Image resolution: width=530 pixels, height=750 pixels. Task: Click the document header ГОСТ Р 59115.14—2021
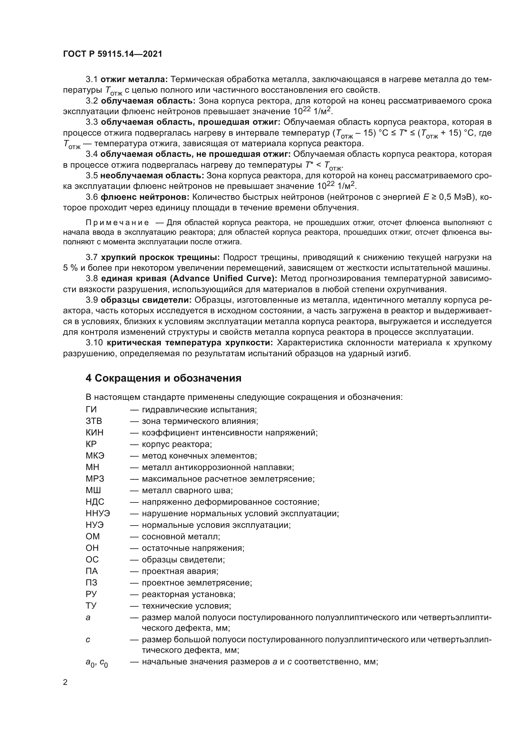point(112,54)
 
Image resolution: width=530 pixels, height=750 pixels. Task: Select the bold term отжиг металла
point(134,80)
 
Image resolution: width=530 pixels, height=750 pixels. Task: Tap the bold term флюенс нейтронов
point(145,197)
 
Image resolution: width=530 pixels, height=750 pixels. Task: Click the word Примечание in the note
point(117,223)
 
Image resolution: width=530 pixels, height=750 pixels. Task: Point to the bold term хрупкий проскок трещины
point(160,257)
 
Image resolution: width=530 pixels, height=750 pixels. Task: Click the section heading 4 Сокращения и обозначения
point(163,378)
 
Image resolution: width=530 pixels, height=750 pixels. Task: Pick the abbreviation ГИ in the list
point(91,409)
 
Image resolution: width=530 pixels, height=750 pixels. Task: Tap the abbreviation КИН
point(94,433)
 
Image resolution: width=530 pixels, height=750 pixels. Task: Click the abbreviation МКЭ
point(95,456)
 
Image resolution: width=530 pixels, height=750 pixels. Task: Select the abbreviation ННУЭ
point(98,513)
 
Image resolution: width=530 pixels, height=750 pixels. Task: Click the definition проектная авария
point(180,571)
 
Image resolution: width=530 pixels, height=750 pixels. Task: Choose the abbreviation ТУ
point(91,606)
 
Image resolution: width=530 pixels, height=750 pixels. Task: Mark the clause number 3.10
point(94,343)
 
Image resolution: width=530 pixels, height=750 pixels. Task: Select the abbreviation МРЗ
point(95,479)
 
